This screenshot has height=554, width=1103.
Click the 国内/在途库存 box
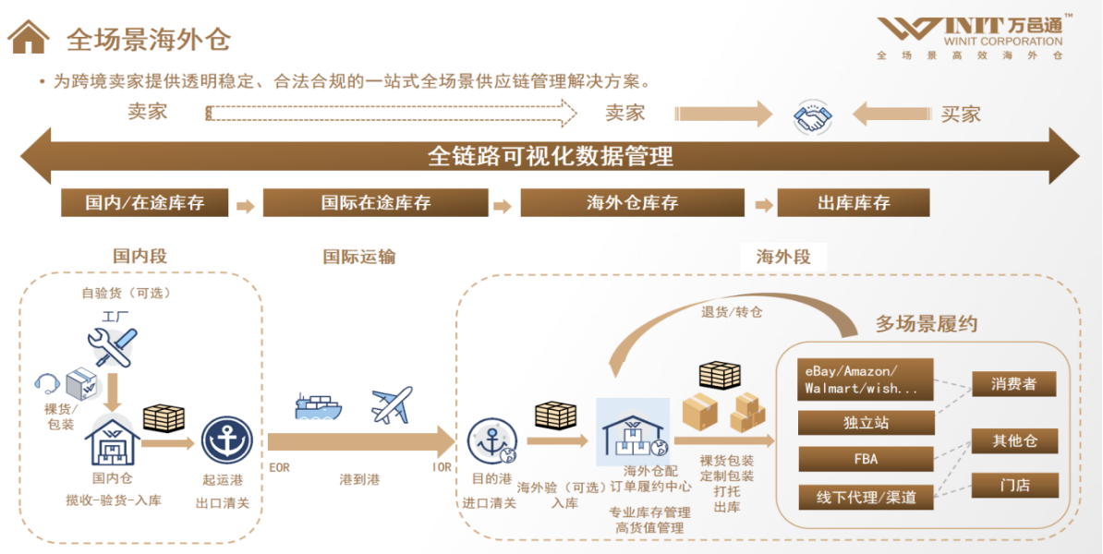click(x=145, y=203)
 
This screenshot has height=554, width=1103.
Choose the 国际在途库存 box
click(x=375, y=203)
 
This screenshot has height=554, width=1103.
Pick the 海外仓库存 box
click(x=632, y=203)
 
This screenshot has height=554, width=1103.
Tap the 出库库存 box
click(x=854, y=203)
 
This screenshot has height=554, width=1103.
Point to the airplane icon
click(x=392, y=404)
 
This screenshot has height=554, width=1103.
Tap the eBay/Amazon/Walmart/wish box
click(x=866, y=379)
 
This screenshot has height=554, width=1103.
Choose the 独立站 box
click(x=866, y=423)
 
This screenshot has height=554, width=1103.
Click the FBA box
click(x=866, y=459)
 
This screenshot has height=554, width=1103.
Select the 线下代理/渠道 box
click(x=866, y=497)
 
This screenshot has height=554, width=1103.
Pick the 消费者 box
click(x=1013, y=384)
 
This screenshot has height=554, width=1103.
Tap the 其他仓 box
click(x=1013, y=440)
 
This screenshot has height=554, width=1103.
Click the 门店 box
click(x=1013, y=485)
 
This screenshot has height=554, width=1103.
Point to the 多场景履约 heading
click(x=926, y=324)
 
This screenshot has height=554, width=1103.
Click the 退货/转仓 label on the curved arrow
click(x=732, y=312)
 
